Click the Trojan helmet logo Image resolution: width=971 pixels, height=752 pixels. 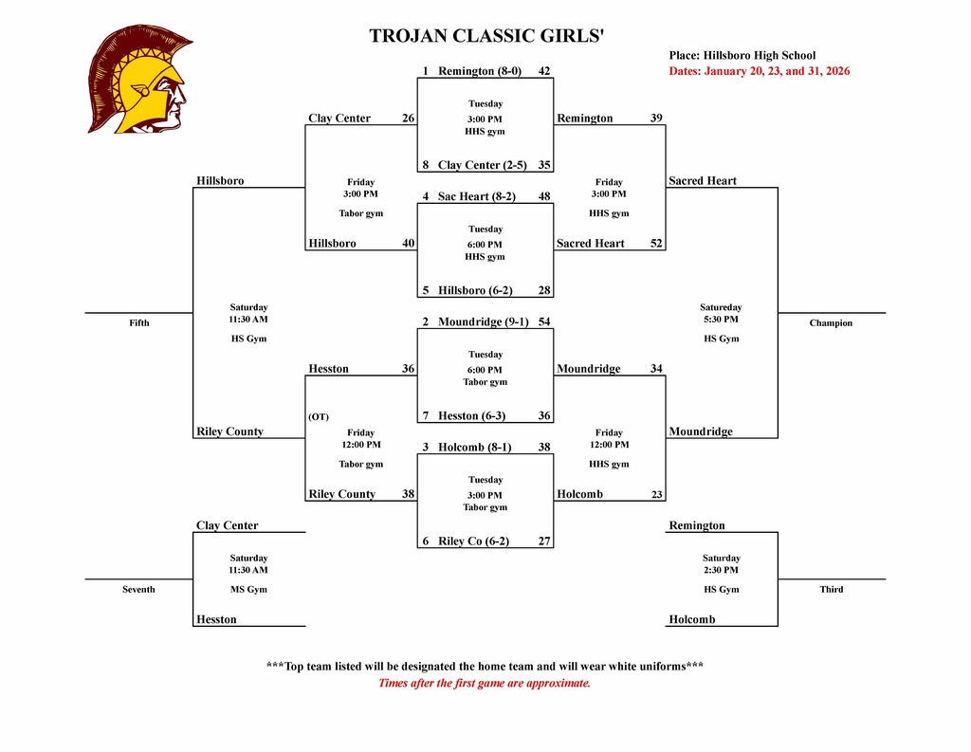click(x=139, y=79)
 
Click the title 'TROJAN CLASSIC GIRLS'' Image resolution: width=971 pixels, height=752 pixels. click(x=485, y=37)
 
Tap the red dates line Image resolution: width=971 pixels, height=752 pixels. click(x=759, y=71)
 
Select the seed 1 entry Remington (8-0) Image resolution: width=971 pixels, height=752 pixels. click(x=480, y=71)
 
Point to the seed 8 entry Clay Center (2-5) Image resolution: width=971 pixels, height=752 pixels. click(x=482, y=165)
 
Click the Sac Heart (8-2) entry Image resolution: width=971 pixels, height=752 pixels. click(x=476, y=196)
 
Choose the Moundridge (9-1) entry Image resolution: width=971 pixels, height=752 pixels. click(x=483, y=321)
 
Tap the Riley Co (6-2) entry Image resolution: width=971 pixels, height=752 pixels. click(x=473, y=541)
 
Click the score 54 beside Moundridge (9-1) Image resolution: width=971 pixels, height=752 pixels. click(x=544, y=321)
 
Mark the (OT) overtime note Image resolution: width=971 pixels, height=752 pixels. click(x=319, y=416)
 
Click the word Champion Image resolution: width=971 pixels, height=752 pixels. click(x=831, y=323)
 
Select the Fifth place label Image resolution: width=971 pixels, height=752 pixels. click(x=139, y=323)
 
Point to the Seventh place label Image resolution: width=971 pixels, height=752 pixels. click(x=138, y=590)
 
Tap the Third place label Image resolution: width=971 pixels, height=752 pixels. click(x=831, y=590)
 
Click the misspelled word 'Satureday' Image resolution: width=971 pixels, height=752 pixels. click(x=721, y=307)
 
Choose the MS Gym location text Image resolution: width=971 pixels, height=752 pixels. click(x=248, y=590)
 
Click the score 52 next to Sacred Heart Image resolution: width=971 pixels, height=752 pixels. click(x=656, y=244)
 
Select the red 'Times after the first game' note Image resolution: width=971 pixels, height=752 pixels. click(x=485, y=683)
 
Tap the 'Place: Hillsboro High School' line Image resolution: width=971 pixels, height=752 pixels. click(x=742, y=56)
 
